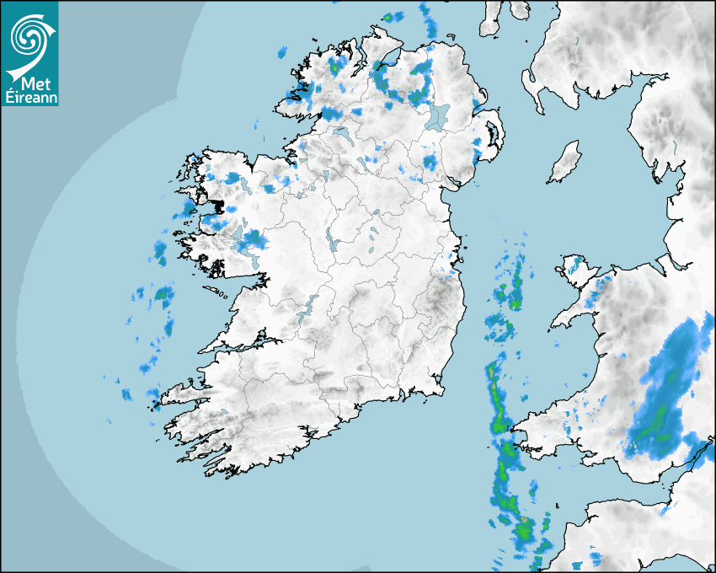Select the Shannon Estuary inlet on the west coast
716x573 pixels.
(240, 346)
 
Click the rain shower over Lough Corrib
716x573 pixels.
(250, 242)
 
